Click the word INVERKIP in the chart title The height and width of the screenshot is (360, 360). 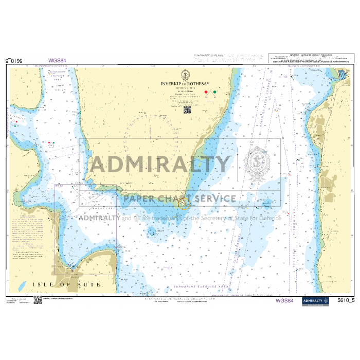(x=171, y=83)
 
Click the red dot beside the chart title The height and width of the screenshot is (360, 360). (x=207, y=92)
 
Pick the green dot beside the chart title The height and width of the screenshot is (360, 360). (x=214, y=92)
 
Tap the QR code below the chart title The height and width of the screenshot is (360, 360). (x=187, y=109)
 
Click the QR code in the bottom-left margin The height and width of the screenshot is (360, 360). (x=38, y=299)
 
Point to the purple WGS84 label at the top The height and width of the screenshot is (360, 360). (x=57, y=60)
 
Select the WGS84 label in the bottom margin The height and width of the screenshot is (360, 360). (x=285, y=300)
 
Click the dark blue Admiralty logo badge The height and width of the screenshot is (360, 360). (x=315, y=300)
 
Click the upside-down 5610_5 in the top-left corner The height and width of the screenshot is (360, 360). (x=14, y=60)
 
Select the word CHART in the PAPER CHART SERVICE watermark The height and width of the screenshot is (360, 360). (x=178, y=199)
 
